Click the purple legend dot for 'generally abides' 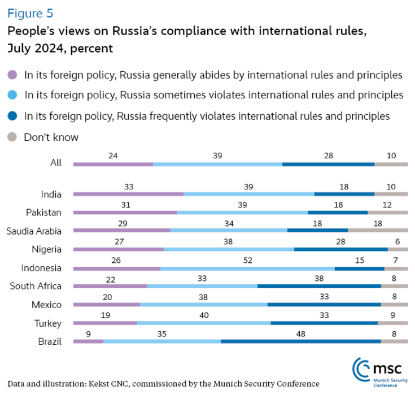12,75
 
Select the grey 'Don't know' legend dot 12,137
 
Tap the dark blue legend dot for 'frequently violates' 12,116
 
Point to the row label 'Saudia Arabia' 34,231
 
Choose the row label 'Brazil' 49,341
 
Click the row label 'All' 55,163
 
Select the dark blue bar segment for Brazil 300,341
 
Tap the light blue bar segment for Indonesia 247,268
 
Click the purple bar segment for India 128,194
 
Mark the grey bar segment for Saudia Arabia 377,231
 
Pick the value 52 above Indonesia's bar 247,259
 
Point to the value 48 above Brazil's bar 300,334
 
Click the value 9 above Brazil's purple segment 88,334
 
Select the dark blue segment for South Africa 319,286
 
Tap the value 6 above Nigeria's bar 397,241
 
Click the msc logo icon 361,369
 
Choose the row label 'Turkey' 47,323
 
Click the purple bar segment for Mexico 107,305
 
